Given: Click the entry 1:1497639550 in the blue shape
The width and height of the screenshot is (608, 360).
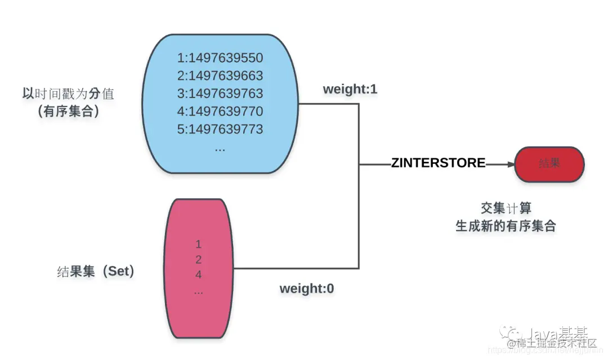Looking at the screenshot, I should (x=220, y=58).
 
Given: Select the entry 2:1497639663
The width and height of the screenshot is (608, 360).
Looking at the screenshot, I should (x=220, y=75).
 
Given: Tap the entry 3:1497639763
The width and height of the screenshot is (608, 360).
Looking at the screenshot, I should (x=220, y=94).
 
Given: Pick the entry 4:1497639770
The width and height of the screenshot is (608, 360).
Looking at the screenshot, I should (x=220, y=111).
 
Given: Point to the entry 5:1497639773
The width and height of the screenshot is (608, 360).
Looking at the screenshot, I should (x=220, y=129).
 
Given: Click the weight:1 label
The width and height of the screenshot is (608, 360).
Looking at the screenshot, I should (x=350, y=90).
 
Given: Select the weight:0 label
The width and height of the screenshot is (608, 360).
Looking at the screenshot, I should (x=307, y=288).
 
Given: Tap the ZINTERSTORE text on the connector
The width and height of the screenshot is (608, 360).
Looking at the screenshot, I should (x=439, y=163).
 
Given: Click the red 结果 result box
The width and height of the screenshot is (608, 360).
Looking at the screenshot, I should (x=550, y=164).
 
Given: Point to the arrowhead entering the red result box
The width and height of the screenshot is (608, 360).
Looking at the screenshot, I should (x=510, y=164).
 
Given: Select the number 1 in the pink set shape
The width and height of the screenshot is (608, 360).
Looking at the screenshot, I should (x=198, y=245).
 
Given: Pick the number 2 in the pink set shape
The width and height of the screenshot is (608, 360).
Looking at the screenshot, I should (x=198, y=260).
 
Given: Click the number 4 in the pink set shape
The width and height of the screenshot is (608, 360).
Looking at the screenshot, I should (x=198, y=275).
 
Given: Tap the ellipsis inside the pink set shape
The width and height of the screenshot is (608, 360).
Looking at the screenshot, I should (x=198, y=291).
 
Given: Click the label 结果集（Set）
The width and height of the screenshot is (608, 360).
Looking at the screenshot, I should (x=96, y=272).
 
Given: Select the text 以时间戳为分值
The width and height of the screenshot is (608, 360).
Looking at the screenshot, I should (x=68, y=94).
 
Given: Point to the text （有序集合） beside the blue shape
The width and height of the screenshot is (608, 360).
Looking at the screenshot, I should (x=68, y=112).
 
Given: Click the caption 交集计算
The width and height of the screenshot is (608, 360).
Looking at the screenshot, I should (x=506, y=208).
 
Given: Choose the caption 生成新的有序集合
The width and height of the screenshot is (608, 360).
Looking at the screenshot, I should (x=506, y=226).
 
